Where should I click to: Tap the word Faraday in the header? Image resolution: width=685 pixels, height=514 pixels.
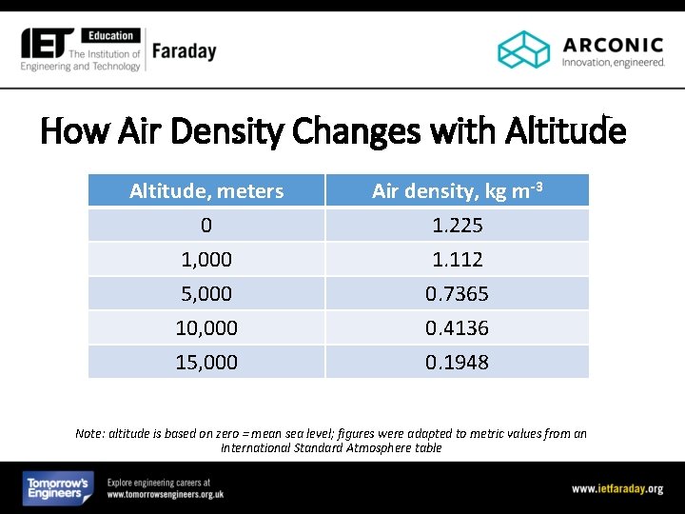184,50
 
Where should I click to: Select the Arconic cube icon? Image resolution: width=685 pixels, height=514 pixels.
524,49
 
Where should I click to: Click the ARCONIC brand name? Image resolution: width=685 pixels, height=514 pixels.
613,44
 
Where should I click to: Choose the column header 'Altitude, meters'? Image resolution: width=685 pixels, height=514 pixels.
206,191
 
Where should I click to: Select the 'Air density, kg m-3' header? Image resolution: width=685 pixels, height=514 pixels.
457,190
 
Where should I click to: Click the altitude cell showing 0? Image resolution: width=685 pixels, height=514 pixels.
206,226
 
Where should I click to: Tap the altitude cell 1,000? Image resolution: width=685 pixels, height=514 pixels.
206,260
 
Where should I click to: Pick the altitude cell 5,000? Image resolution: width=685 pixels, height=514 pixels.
206,294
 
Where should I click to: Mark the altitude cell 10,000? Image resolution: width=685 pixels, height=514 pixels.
206,328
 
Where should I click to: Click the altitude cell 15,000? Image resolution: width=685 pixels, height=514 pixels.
206,363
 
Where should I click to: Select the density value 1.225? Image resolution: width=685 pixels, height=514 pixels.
457,226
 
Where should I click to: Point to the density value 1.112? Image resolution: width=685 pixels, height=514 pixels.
457,260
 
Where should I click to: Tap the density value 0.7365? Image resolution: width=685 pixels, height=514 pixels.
457,294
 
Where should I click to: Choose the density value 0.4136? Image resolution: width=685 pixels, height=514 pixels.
457,328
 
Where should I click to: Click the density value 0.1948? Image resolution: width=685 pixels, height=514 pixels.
457,363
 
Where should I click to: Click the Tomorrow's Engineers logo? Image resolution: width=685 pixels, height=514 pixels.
58,488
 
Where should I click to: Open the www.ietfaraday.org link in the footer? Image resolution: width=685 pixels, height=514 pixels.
616,488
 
